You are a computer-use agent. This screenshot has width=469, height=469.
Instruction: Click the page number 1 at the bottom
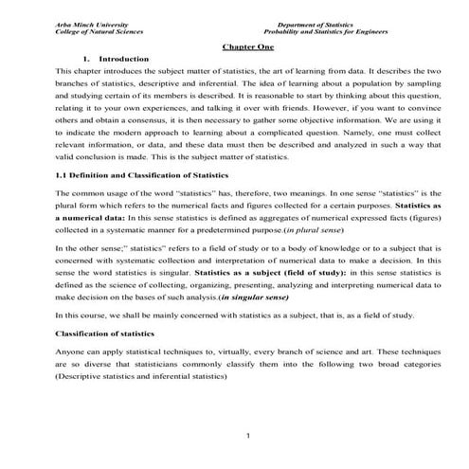click(x=245, y=435)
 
